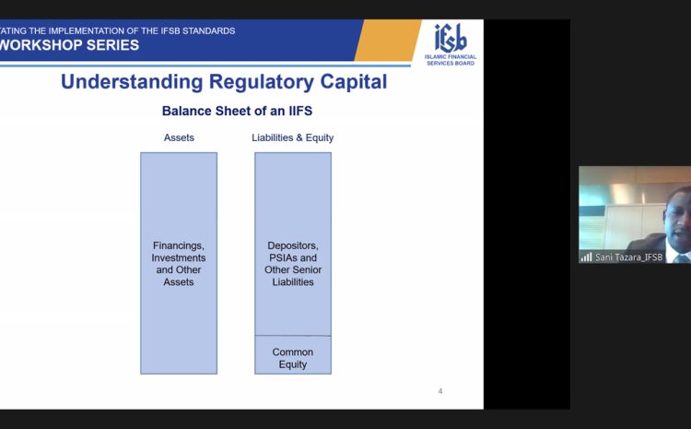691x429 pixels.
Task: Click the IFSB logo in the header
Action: (x=451, y=44)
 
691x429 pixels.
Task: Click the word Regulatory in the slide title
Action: (x=262, y=82)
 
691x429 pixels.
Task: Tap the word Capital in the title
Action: (x=354, y=82)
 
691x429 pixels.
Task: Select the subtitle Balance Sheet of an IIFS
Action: (x=237, y=111)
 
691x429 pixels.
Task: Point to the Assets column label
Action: (x=179, y=137)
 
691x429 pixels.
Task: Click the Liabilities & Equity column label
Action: (x=293, y=137)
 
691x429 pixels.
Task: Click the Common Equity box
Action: (x=293, y=355)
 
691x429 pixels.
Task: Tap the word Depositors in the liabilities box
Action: (x=293, y=245)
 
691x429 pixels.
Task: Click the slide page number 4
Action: (x=440, y=391)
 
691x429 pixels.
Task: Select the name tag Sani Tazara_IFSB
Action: (x=628, y=257)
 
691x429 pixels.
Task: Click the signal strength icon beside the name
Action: (x=586, y=256)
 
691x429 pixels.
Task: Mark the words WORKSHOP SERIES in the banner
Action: (x=69, y=45)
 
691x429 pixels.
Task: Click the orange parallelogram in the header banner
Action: (x=387, y=41)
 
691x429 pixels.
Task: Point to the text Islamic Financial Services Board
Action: (x=451, y=60)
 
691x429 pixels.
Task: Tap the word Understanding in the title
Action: (x=132, y=82)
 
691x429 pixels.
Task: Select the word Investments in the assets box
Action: (x=179, y=257)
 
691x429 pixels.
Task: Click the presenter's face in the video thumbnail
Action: (x=676, y=217)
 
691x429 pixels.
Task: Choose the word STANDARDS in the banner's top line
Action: (x=208, y=30)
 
